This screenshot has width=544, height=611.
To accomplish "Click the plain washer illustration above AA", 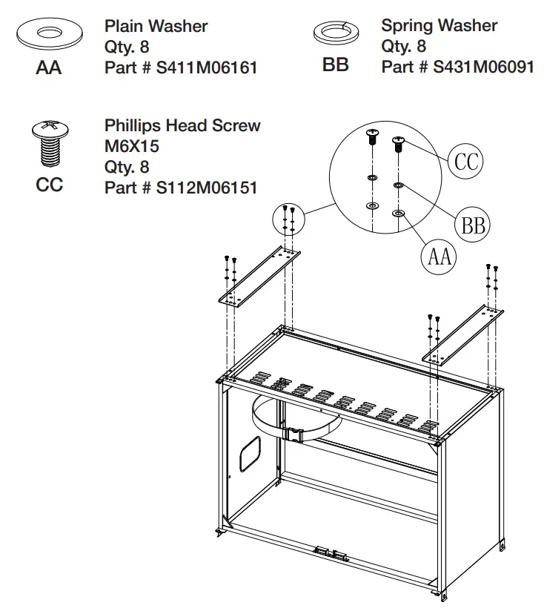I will pos(49,35).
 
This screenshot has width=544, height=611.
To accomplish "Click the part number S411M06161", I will pos(181,68).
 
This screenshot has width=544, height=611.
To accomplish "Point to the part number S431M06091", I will pos(457,67).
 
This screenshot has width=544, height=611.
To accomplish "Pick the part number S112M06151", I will pos(181,188).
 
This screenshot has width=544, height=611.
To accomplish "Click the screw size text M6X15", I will pos(132,146).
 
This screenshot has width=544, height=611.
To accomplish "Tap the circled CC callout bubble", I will pos(465,160).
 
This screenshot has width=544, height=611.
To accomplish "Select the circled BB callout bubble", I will pos(471,224).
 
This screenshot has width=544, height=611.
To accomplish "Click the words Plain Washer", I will pos(156,27).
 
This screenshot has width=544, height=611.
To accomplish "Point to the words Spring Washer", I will pos(439,26).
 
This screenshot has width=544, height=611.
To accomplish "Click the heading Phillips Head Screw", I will pos(182,125).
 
